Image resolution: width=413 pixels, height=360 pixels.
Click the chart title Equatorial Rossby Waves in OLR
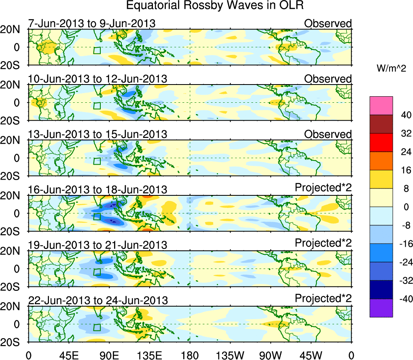click(215, 6)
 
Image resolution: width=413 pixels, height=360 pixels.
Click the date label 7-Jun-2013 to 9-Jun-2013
click(92, 23)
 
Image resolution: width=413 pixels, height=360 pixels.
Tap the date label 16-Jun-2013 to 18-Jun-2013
click(97, 189)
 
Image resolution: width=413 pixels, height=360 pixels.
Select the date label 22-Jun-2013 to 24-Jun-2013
click(97, 301)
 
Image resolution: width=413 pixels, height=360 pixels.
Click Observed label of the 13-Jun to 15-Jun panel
click(328, 134)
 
